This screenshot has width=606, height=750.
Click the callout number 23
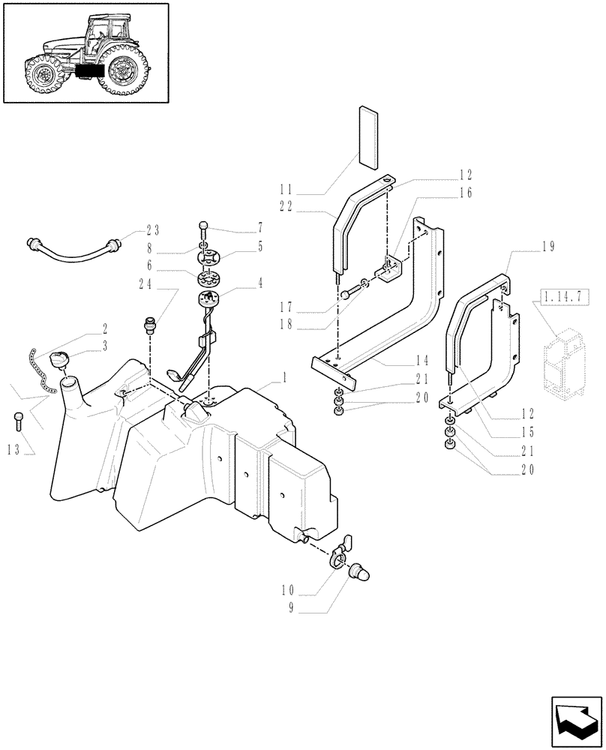click(153, 231)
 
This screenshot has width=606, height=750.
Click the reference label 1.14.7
click(555, 299)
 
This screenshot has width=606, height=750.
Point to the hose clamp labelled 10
click(339, 557)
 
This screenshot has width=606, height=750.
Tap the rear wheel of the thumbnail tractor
click(122, 70)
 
